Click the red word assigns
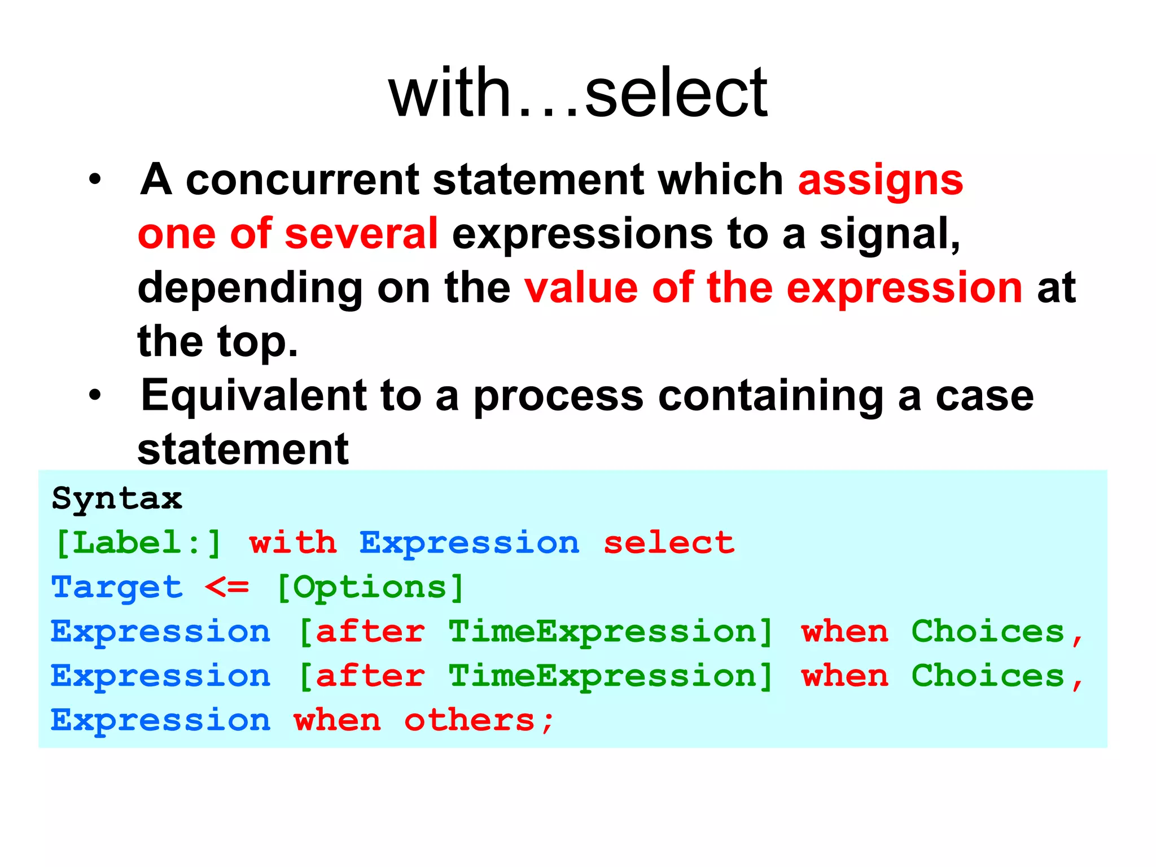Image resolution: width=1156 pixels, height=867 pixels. (x=880, y=181)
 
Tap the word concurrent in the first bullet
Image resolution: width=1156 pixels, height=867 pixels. (x=302, y=181)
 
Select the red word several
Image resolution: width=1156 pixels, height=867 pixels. (x=361, y=234)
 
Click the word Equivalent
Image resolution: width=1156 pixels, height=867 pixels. (x=253, y=396)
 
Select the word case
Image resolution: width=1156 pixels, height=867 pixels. (x=984, y=397)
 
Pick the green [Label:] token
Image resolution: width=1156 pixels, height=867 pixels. (x=138, y=544)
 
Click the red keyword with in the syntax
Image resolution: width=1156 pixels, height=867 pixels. (x=292, y=543)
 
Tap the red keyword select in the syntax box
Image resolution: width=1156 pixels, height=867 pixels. (x=669, y=543)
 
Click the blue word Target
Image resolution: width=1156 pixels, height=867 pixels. (x=117, y=588)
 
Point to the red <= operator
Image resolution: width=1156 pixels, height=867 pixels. (x=226, y=588)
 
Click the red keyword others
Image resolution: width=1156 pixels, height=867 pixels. (x=470, y=721)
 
